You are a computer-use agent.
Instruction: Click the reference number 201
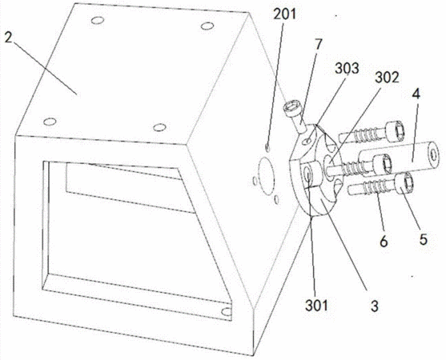click(285, 14)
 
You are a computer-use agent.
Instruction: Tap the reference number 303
click(347, 68)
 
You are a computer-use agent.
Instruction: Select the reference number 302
click(387, 77)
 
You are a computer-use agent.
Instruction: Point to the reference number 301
click(316, 306)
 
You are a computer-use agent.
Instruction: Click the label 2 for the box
click(9, 37)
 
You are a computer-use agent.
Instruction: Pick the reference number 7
click(319, 45)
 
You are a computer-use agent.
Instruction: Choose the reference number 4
click(416, 94)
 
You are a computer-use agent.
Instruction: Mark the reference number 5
click(424, 239)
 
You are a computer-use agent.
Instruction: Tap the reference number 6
click(384, 242)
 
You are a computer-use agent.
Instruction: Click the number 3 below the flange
click(374, 306)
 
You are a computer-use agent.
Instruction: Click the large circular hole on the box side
click(265, 175)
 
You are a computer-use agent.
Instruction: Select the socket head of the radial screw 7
click(290, 109)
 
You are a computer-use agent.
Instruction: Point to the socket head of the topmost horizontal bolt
click(396, 131)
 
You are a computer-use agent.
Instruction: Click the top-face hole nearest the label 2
click(50, 122)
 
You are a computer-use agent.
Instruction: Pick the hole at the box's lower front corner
click(227, 312)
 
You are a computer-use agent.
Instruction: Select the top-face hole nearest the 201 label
click(207, 26)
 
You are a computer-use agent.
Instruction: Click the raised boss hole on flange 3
click(308, 174)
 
